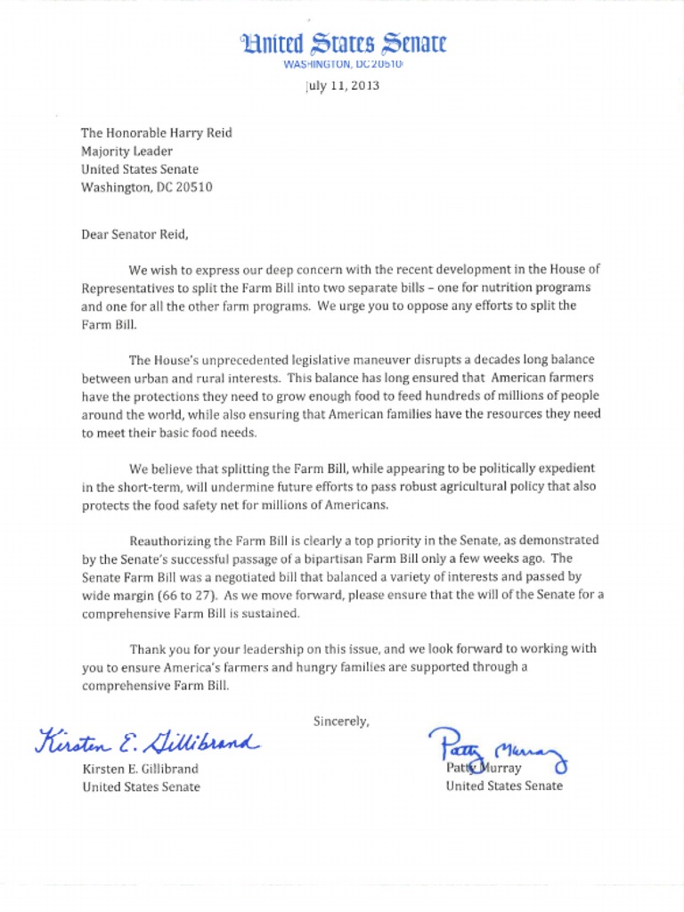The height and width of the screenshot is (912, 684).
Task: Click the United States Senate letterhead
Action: tap(343, 44)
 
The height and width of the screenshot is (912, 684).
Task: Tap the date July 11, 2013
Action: tap(343, 86)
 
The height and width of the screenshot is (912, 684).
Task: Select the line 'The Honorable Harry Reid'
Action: tap(157, 133)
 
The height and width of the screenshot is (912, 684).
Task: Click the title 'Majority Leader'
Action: tap(126, 151)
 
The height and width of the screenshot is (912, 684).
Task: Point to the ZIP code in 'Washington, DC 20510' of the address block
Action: tap(193, 187)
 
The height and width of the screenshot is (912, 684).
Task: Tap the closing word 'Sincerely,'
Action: tap(341, 721)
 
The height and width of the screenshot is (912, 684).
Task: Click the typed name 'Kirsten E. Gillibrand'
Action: tap(140, 769)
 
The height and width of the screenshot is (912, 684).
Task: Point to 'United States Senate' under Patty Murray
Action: tap(504, 786)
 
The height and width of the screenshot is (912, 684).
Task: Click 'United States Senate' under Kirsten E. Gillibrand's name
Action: tap(141, 786)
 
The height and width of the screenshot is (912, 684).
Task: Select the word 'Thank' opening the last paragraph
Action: tap(147, 648)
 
